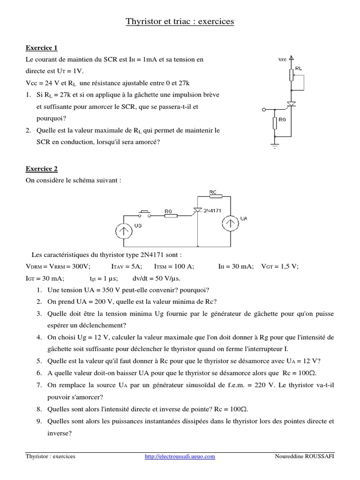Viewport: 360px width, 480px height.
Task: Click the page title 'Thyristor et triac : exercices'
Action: pyautogui.click(x=180, y=22)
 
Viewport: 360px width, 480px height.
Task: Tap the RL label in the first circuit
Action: pyautogui.click(x=299, y=68)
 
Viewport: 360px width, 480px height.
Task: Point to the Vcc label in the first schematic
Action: pyautogui.click(x=282, y=60)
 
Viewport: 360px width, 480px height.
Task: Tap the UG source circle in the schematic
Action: pyautogui.click(x=123, y=230)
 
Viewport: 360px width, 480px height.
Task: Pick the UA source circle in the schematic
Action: pyautogui.click(x=230, y=224)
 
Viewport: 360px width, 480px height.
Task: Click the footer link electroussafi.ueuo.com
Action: pyautogui.click(x=180, y=456)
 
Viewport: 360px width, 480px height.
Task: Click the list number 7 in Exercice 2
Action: pyautogui.click(x=39, y=384)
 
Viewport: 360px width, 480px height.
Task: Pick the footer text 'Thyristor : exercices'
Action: pyautogui.click(x=50, y=456)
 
